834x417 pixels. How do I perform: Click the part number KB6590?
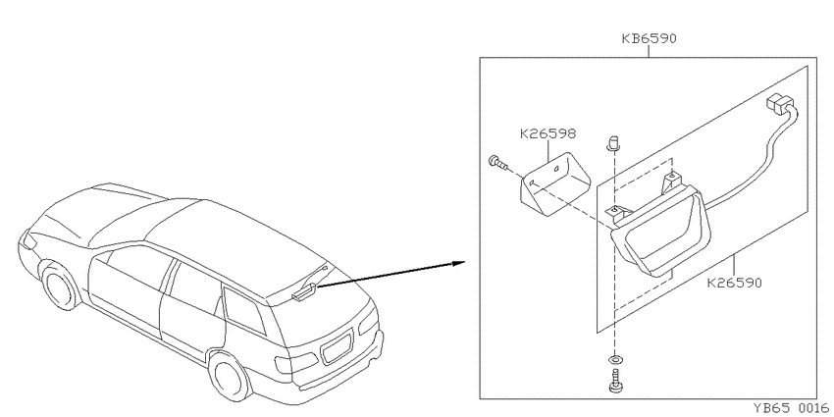649,39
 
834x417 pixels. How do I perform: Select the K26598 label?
547,133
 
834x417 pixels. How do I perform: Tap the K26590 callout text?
735,283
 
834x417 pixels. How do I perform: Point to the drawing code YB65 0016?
790,408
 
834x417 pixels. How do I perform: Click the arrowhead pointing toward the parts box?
458,262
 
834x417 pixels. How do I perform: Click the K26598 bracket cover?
554,184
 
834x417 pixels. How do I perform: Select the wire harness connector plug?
778,103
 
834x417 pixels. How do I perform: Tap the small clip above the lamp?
613,142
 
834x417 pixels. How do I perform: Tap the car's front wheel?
61,287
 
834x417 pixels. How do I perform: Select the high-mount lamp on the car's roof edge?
304,293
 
